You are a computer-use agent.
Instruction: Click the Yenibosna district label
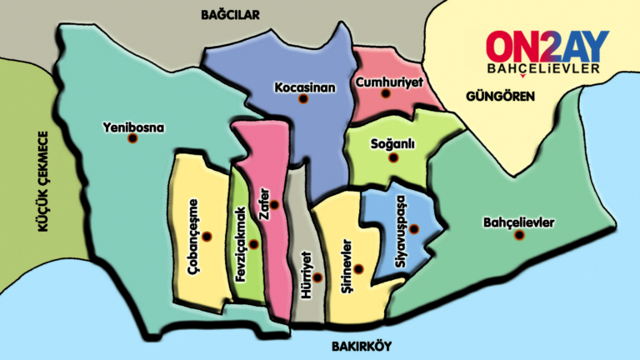click(133, 127)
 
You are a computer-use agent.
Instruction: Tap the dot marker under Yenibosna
click(132, 138)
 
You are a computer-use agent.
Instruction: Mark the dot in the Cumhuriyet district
click(386, 94)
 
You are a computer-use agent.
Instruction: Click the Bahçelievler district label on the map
click(518, 222)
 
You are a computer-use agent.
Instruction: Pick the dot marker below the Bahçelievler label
click(519, 236)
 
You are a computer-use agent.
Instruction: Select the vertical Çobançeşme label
click(194, 238)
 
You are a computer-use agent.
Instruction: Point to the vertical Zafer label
click(264, 203)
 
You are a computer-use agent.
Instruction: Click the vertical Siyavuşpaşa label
click(401, 238)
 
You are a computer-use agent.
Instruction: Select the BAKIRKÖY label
click(361, 346)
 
